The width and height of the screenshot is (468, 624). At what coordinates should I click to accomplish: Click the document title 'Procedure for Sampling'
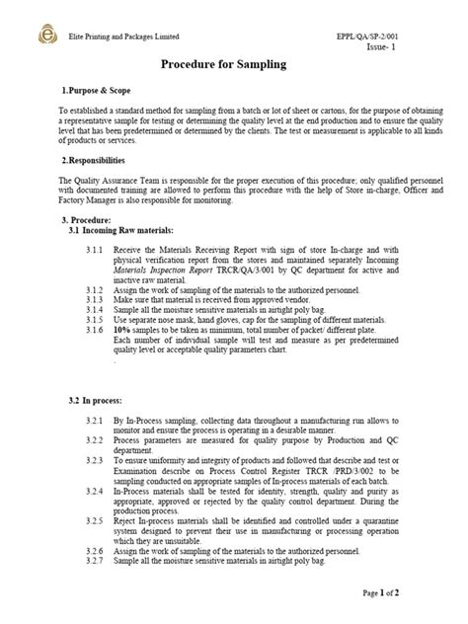(x=233, y=64)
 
